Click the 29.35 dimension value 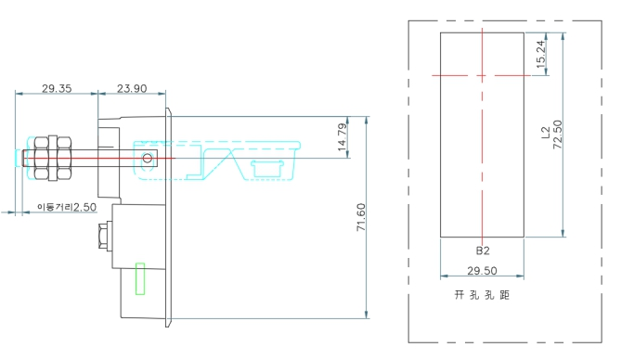57,88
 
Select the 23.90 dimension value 132,88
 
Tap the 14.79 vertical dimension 343,137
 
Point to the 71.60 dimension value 361,217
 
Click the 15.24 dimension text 540,54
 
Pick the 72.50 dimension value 557,135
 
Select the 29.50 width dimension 482,271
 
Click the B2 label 483,251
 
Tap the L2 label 546,133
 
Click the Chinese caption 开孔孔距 482,295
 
